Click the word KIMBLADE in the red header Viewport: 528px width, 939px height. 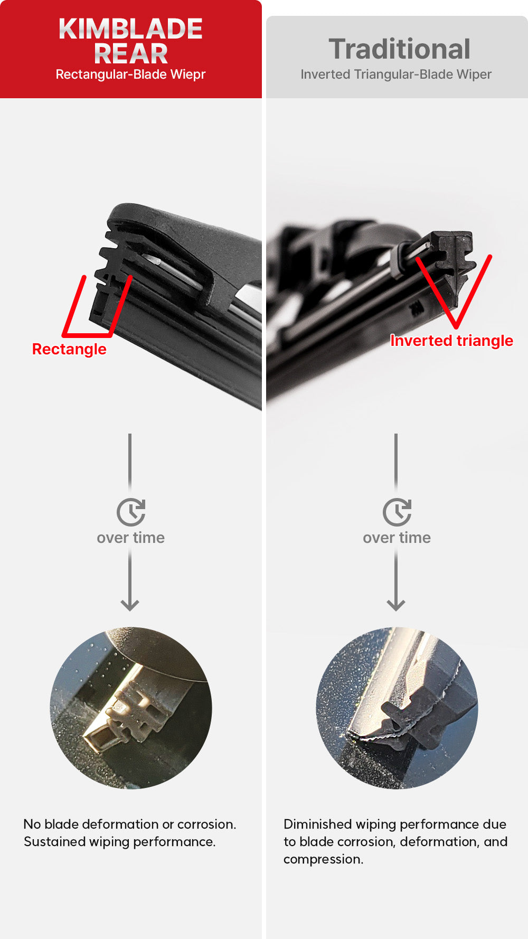tap(130, 30)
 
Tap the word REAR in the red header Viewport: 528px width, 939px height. tap(130, 53)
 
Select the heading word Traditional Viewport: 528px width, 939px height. tap(399, 49)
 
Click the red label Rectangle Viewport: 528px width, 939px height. tap(69, 349)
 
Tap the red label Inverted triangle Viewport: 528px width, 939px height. tap(451, 341)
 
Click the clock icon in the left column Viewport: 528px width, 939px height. tap(130, 512)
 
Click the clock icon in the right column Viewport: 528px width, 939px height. tap(397, 512)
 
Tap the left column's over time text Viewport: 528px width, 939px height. tap(130, 538)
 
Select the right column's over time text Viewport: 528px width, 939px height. tap(397, 538)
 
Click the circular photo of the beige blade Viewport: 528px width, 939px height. tap(131, 708)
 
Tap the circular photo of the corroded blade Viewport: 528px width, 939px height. tap(397, 708)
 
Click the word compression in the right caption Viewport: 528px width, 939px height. tap(322, 859)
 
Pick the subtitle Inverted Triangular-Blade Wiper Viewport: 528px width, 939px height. tap(396, 74)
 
